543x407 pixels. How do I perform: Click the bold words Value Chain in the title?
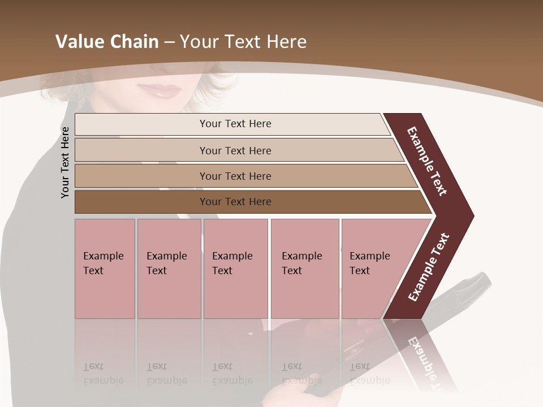[x=107, y=42]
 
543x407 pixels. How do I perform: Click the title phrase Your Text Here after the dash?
[x=243, y=42]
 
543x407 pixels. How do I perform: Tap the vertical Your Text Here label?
[x=65, y=162]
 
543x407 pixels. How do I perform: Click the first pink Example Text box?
[x=105, y=269]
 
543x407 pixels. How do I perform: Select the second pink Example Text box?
[x=169, y=269]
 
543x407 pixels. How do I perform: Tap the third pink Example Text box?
[x=235, y=269]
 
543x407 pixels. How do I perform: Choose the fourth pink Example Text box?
[x=305, y=269]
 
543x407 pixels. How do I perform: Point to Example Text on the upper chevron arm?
[x=427, y=161]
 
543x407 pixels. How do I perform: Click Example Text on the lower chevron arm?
[x=429, y=267]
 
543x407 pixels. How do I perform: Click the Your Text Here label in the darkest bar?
[x=235, y=202]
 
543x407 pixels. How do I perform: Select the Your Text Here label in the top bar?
[x=235, y=124]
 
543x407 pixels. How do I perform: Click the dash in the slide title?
[x=169, y=42]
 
